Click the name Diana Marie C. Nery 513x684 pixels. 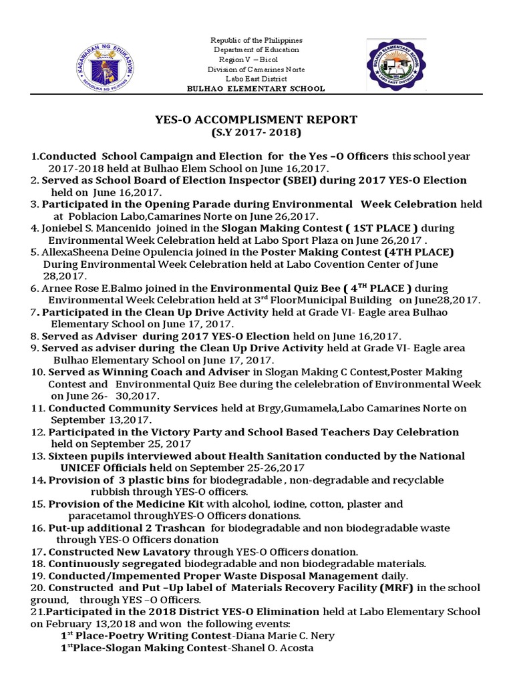pyautogui.click(x=280, y=636)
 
